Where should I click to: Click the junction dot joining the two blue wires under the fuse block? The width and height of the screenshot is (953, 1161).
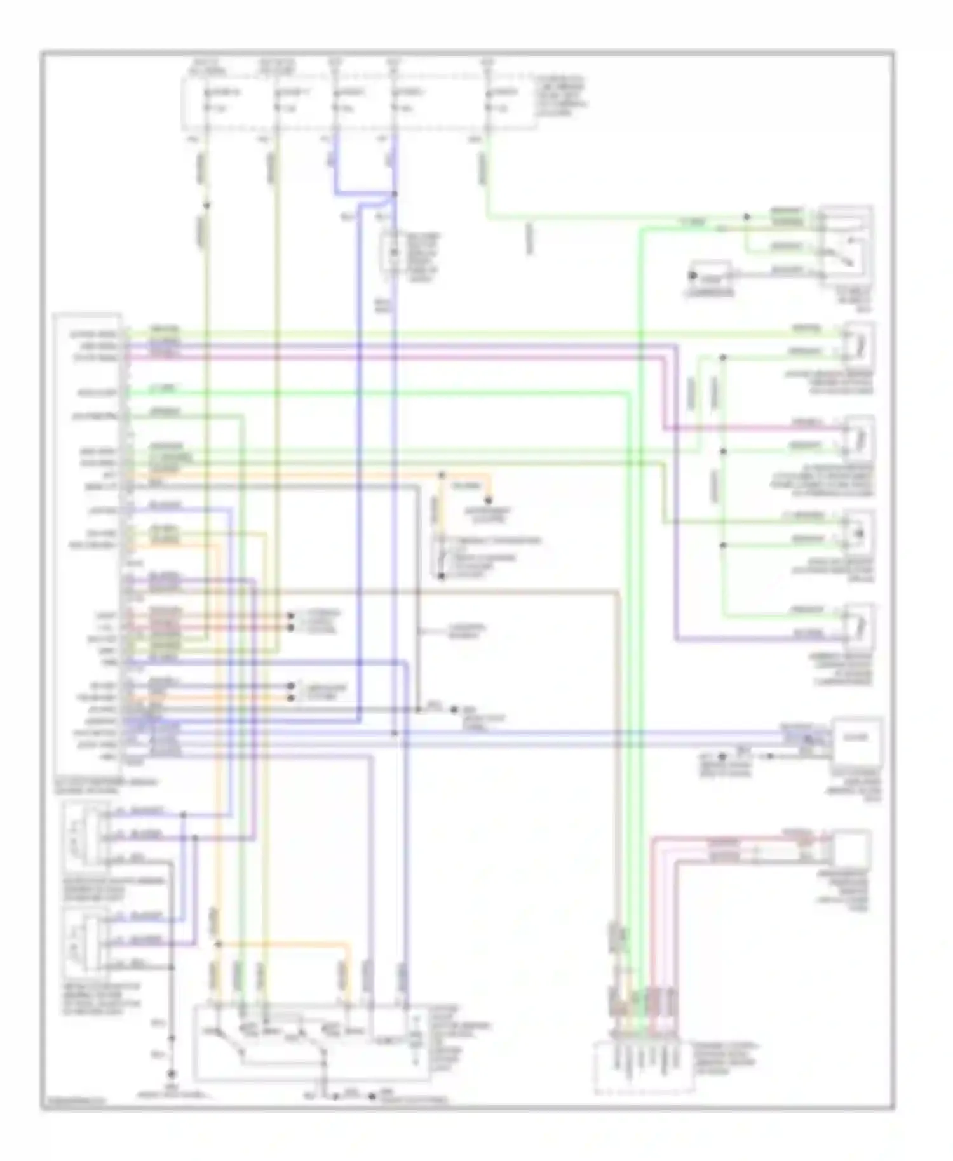pyautogui.click(x=395, y=194)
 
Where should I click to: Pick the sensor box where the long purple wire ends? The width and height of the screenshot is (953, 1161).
pyautogui.click(x=858, y=626)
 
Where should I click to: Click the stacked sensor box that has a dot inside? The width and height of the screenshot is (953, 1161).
pyautogui.click(x=858, y=532)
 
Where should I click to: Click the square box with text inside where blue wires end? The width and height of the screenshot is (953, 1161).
pyautogui.click(x=856, y=738)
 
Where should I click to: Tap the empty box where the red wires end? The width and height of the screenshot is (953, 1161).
pyautogui.click(x=851, y=849)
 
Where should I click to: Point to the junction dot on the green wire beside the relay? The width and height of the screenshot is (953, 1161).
pyautogui.click(x=747, y=217)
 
